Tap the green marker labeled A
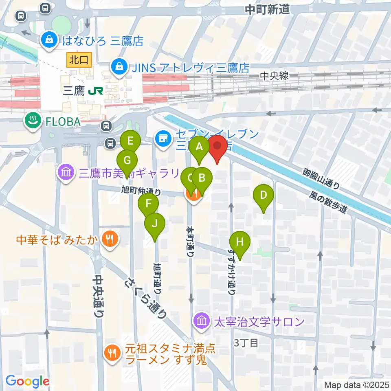click(200, 148)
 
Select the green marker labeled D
click(264, 196)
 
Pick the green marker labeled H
click(240, 243)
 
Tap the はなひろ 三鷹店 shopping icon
click(48, 40)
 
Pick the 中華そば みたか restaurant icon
click(109, 239)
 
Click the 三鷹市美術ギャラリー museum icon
click(66, 173)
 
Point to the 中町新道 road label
click(267, 9)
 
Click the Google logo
click(28, 381)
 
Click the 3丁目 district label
click(246, 343)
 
